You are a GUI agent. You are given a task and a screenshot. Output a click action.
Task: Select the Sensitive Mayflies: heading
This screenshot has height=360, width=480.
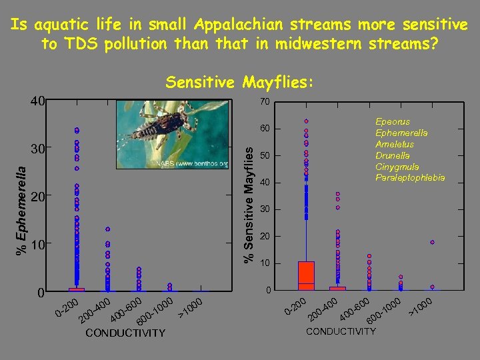(239, 82)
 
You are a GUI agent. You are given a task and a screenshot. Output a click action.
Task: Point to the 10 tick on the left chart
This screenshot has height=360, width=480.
(39, 245)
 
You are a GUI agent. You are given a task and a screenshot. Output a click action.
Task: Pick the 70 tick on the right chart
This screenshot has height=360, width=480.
(265, 102)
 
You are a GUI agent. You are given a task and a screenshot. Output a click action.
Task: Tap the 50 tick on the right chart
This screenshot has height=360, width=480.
(265, 156)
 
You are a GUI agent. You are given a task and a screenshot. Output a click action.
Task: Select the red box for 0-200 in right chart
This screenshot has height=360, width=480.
(306, 275)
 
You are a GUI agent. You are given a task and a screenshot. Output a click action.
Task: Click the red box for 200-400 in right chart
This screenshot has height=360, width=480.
(338, 288)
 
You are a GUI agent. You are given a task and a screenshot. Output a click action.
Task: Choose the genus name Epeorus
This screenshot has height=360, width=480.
(393, 123)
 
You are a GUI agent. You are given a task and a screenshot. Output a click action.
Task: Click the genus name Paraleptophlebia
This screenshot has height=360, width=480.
(410, 178)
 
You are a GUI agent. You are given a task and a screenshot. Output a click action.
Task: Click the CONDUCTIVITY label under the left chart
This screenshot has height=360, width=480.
(125, 333)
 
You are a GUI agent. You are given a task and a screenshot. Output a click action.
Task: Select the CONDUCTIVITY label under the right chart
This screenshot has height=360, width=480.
(341, 331)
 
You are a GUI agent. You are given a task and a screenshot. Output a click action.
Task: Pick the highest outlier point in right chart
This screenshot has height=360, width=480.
(306, 121)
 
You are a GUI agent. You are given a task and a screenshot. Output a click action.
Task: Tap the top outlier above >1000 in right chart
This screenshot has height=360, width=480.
(432, 242)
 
